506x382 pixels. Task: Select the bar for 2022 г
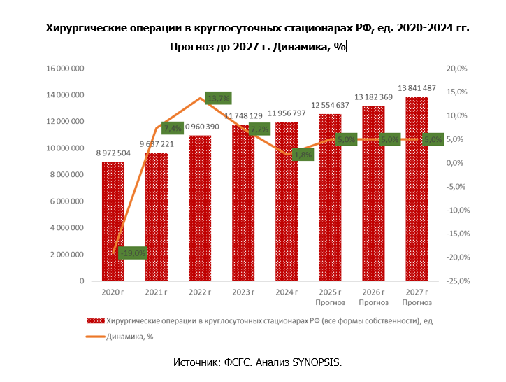point(200,210)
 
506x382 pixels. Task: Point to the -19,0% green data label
point(132,253)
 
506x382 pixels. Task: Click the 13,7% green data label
point(217,99)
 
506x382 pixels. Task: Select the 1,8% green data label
point(303,155)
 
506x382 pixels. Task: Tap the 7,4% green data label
point(173,128)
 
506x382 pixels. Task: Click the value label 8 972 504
point(113,153)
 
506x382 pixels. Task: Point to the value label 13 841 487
point(417,87)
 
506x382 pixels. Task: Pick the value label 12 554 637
point(330,105)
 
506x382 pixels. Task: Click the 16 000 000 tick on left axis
point(66,69)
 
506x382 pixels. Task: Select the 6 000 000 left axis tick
point(68,201)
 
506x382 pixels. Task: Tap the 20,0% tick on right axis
point(457,69)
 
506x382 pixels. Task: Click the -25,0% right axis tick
point(456,281)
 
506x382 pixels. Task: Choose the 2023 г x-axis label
point(243,292)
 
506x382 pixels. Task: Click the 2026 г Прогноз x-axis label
point(373,297)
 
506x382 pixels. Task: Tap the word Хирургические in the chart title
point(87,29)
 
